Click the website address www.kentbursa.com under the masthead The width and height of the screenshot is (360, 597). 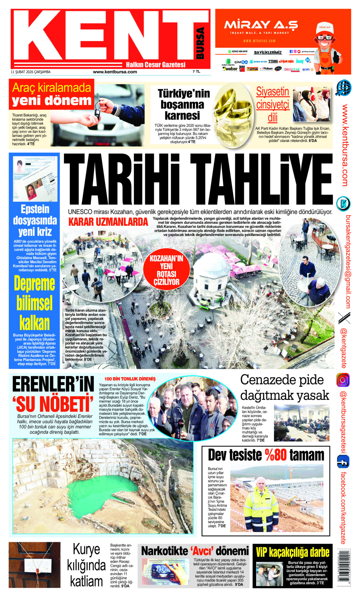115,72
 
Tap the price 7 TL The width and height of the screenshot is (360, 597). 196,72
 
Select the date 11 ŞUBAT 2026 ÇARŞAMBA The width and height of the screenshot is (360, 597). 30,72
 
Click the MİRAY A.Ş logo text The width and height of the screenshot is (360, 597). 261,25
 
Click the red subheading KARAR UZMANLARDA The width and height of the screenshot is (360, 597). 108,222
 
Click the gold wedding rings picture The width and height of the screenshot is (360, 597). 233,113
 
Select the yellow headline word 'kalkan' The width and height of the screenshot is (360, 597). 34,323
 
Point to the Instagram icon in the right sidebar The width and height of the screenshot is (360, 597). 343,380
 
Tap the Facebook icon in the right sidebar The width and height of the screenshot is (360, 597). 343,462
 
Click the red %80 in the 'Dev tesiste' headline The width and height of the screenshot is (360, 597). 276,455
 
